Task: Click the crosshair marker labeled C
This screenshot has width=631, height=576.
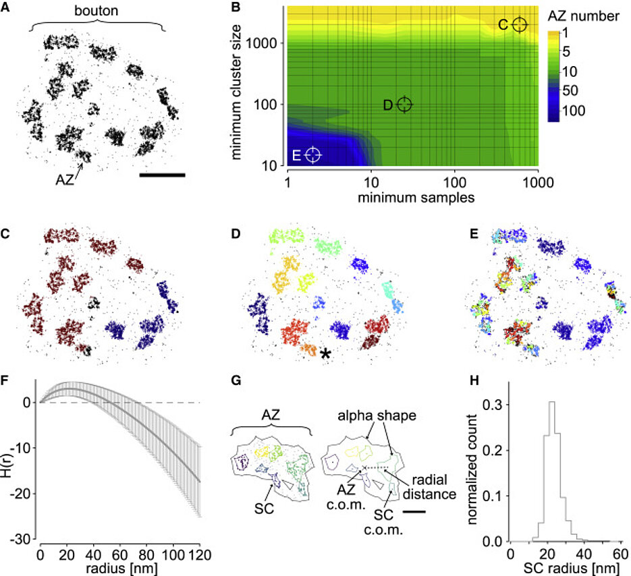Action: coord(519,25)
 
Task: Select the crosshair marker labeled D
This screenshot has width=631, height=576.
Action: coord(404,104)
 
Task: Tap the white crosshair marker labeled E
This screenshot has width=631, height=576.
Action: coord(312,154)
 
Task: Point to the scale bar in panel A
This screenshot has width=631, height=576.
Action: coord(162,175)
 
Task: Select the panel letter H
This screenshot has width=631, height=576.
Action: coord(473,382)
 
